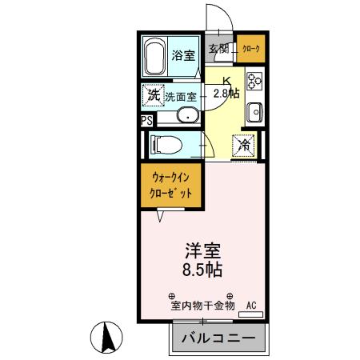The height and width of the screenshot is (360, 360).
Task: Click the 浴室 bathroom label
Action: tap(184, 55)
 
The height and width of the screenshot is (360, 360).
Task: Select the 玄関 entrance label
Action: tap(219, 50)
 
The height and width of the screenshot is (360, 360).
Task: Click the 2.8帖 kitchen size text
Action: tap(227, 93)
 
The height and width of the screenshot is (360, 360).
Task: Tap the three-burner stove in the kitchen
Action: tap(255, 81)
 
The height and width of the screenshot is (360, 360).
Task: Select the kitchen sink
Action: tap(255, 111)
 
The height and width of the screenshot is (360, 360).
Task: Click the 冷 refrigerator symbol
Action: tap(244, 146)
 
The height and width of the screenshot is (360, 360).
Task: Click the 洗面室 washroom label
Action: tap(181, 96)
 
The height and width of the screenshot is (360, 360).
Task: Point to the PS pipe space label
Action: tap(146, 121)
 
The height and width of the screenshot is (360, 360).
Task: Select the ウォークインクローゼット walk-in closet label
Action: tap(172, 186)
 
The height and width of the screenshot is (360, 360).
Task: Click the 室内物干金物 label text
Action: tap(202, 306)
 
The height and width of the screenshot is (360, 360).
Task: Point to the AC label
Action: tap(250, 305)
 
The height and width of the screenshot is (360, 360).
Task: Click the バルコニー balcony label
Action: tap(217, 338)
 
